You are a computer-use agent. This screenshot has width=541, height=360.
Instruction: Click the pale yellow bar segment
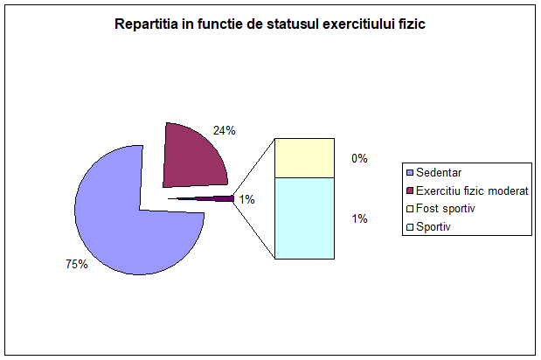point(304,158)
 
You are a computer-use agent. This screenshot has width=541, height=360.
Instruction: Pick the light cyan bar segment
point(304,218)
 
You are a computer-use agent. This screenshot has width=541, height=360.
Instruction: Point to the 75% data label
point(77,264)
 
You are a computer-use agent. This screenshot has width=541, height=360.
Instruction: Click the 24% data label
point(225,130)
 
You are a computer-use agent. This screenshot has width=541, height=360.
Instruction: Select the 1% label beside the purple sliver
point(247,199)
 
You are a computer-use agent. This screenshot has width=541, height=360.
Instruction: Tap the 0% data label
point(359,158)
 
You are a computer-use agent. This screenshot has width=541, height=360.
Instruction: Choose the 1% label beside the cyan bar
point(359,218)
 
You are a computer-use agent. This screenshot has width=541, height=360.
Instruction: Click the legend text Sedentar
point(439,172)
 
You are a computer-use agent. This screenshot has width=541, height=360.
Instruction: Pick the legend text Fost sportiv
point(446,209)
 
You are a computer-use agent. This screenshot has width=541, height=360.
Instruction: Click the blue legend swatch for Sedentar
point(410,172)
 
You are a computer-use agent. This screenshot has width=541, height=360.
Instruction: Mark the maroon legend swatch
point(410,190)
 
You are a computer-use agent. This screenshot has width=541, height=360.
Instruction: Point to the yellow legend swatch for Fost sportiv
point(410,209)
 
